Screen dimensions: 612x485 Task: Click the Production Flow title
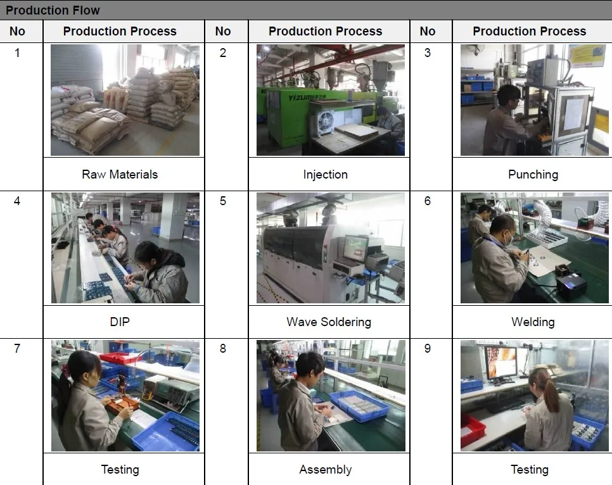click(x=53, y=10)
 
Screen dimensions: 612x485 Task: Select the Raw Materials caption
click(x=120, y=174)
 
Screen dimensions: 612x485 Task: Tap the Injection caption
click(x=326, y=174)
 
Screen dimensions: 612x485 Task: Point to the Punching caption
click(x=533, y=174)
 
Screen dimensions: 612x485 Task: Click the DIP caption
click(x=120, y=322)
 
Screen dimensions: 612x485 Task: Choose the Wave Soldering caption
click(x=329, y=322)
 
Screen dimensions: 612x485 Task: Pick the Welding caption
click(x=533, y=322)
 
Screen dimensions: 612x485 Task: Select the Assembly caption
click(x=326, y=469)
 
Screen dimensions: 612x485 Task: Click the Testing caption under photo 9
click(x=530, y=469)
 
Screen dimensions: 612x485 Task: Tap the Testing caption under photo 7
click(x=120, y=469)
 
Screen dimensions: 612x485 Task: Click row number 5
click(x=223, y=201)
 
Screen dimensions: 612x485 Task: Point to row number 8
click(x=223, y=348)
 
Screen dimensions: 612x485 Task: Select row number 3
click(x=428, y=53)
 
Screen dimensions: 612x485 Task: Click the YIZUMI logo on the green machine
click(x=307, y=97)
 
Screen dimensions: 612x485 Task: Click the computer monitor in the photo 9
click(x=500, y=363)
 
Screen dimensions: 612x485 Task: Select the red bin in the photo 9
click(x=472, y=431)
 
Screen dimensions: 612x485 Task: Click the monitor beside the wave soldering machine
click(x=355, y=248)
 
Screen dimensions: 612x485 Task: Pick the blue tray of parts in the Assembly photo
click(x=359, y=406)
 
